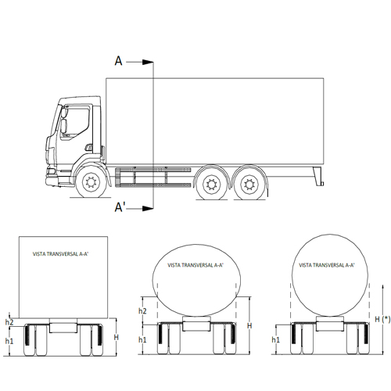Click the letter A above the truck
click(119, 61)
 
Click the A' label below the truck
click(120, 207)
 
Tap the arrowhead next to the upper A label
click(148, 63)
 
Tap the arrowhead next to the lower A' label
click(148, 208)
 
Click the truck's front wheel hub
click(91, 181)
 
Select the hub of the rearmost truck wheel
click(249, 185)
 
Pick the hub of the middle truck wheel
click(211, 185)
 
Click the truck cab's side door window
click(74, 123)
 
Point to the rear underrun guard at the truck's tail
click(318, 176)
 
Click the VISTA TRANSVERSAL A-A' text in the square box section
click(60, 254)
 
